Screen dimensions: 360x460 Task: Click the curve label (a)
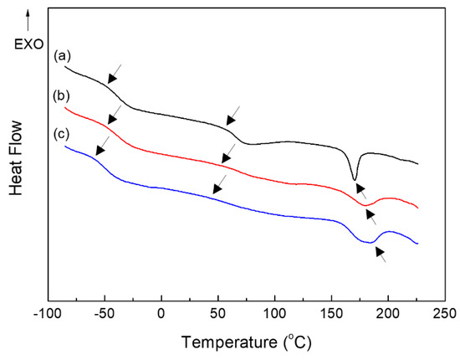tap(60, 57)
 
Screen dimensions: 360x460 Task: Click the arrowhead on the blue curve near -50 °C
tap(100, 150)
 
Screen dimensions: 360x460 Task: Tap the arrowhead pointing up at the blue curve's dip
tap(378, 252)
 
